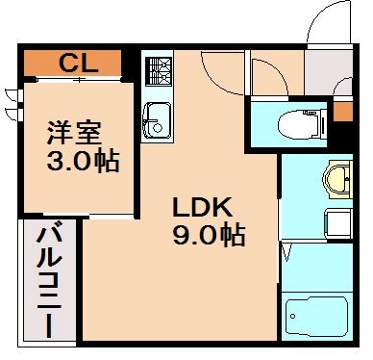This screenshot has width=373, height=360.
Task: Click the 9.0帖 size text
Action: point(206,233)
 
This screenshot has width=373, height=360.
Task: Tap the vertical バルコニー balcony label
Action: point(46,280)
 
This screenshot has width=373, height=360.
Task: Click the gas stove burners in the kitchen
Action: point(157,70)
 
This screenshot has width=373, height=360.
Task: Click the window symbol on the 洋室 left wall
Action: point(12,103)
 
